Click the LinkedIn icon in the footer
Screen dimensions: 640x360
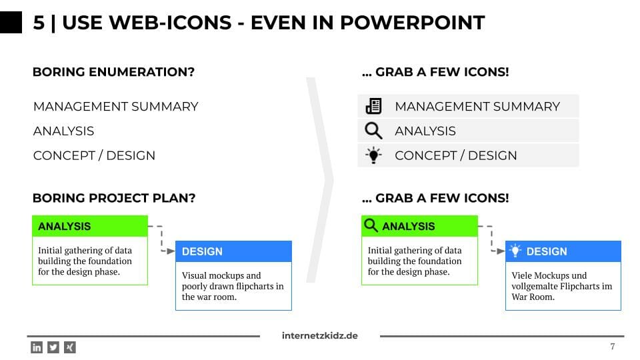click(x=37, y=347)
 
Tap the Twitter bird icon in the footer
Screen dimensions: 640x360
click(x=53, y=347)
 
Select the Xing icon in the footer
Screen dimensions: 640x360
click(x=70, y=347)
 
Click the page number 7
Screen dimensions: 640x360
click(x=612, y=347)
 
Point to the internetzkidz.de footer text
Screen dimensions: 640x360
click(x=319, y=335)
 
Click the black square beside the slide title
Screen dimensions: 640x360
click(x=11, y=23)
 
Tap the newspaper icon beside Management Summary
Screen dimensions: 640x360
click(x=373, y=106)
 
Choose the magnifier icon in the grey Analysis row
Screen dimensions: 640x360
click(x=373, y=131)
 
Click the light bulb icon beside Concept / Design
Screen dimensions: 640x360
click(x=373, y=155)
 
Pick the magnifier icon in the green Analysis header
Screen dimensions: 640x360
click(x=371, y=225)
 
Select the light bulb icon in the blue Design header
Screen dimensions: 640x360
click(x=515, y=251)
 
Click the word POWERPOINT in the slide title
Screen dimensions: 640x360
click(x=412, y=23)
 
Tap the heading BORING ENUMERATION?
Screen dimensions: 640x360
click(x=113, y=72)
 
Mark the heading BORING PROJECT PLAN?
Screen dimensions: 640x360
click(x=114, y=199)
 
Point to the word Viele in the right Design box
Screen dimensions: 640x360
click(x=521, y=275)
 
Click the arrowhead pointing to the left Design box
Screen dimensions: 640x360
click(x=171, y=251)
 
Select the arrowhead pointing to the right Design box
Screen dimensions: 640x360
click(x=501, y=251)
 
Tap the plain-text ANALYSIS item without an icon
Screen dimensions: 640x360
click(x=64, y=131)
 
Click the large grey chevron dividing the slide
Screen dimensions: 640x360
click(x=321, y=179)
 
